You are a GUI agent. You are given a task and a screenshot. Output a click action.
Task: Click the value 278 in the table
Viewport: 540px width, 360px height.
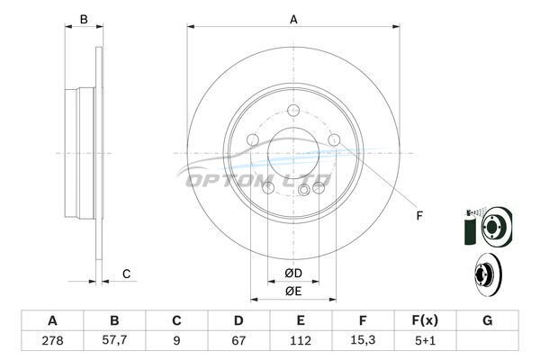52,341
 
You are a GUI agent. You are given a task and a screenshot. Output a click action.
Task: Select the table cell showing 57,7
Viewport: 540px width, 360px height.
114,340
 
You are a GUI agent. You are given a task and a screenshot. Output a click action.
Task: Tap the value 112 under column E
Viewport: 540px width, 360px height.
301,341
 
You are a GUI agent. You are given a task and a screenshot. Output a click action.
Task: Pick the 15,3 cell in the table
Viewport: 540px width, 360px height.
363,340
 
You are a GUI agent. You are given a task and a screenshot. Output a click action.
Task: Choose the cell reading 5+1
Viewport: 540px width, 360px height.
425,341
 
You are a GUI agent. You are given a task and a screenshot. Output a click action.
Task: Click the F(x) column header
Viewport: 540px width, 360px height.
425,320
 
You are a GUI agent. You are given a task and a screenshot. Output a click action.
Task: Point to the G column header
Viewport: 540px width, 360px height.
487,320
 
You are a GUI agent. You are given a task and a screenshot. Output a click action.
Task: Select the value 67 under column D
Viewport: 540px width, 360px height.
238,341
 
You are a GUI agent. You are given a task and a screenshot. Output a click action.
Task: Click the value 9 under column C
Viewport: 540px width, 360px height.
176,341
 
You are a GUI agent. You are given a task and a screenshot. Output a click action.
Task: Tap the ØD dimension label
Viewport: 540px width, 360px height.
293,274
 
